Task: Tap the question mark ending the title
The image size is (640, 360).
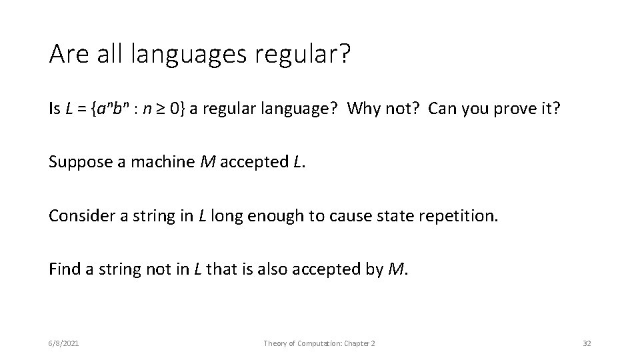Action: tap(343, 53)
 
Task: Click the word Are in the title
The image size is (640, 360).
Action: tap(69, 53)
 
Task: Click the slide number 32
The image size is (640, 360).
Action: tap(587, 343)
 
